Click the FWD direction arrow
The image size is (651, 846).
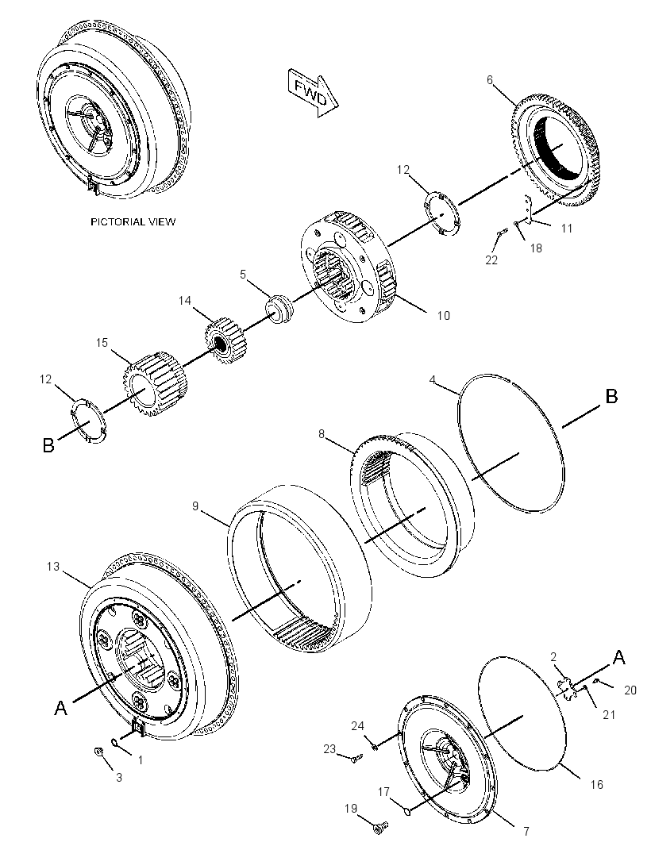313,92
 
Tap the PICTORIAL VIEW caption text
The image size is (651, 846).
133,221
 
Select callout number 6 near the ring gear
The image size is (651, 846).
490,80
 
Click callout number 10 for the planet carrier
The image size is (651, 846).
443,315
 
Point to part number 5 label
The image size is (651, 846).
243,274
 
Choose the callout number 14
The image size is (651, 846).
185,301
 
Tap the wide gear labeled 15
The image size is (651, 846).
153,386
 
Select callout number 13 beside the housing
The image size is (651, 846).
53,567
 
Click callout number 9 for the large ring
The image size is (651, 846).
195,506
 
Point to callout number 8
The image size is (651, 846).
322,433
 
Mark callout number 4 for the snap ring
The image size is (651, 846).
433,379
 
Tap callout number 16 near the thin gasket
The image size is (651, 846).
596,784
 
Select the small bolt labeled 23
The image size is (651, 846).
356,759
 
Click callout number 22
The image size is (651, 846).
491,260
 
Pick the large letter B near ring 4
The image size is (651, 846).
611,397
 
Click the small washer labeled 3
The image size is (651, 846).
98,751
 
